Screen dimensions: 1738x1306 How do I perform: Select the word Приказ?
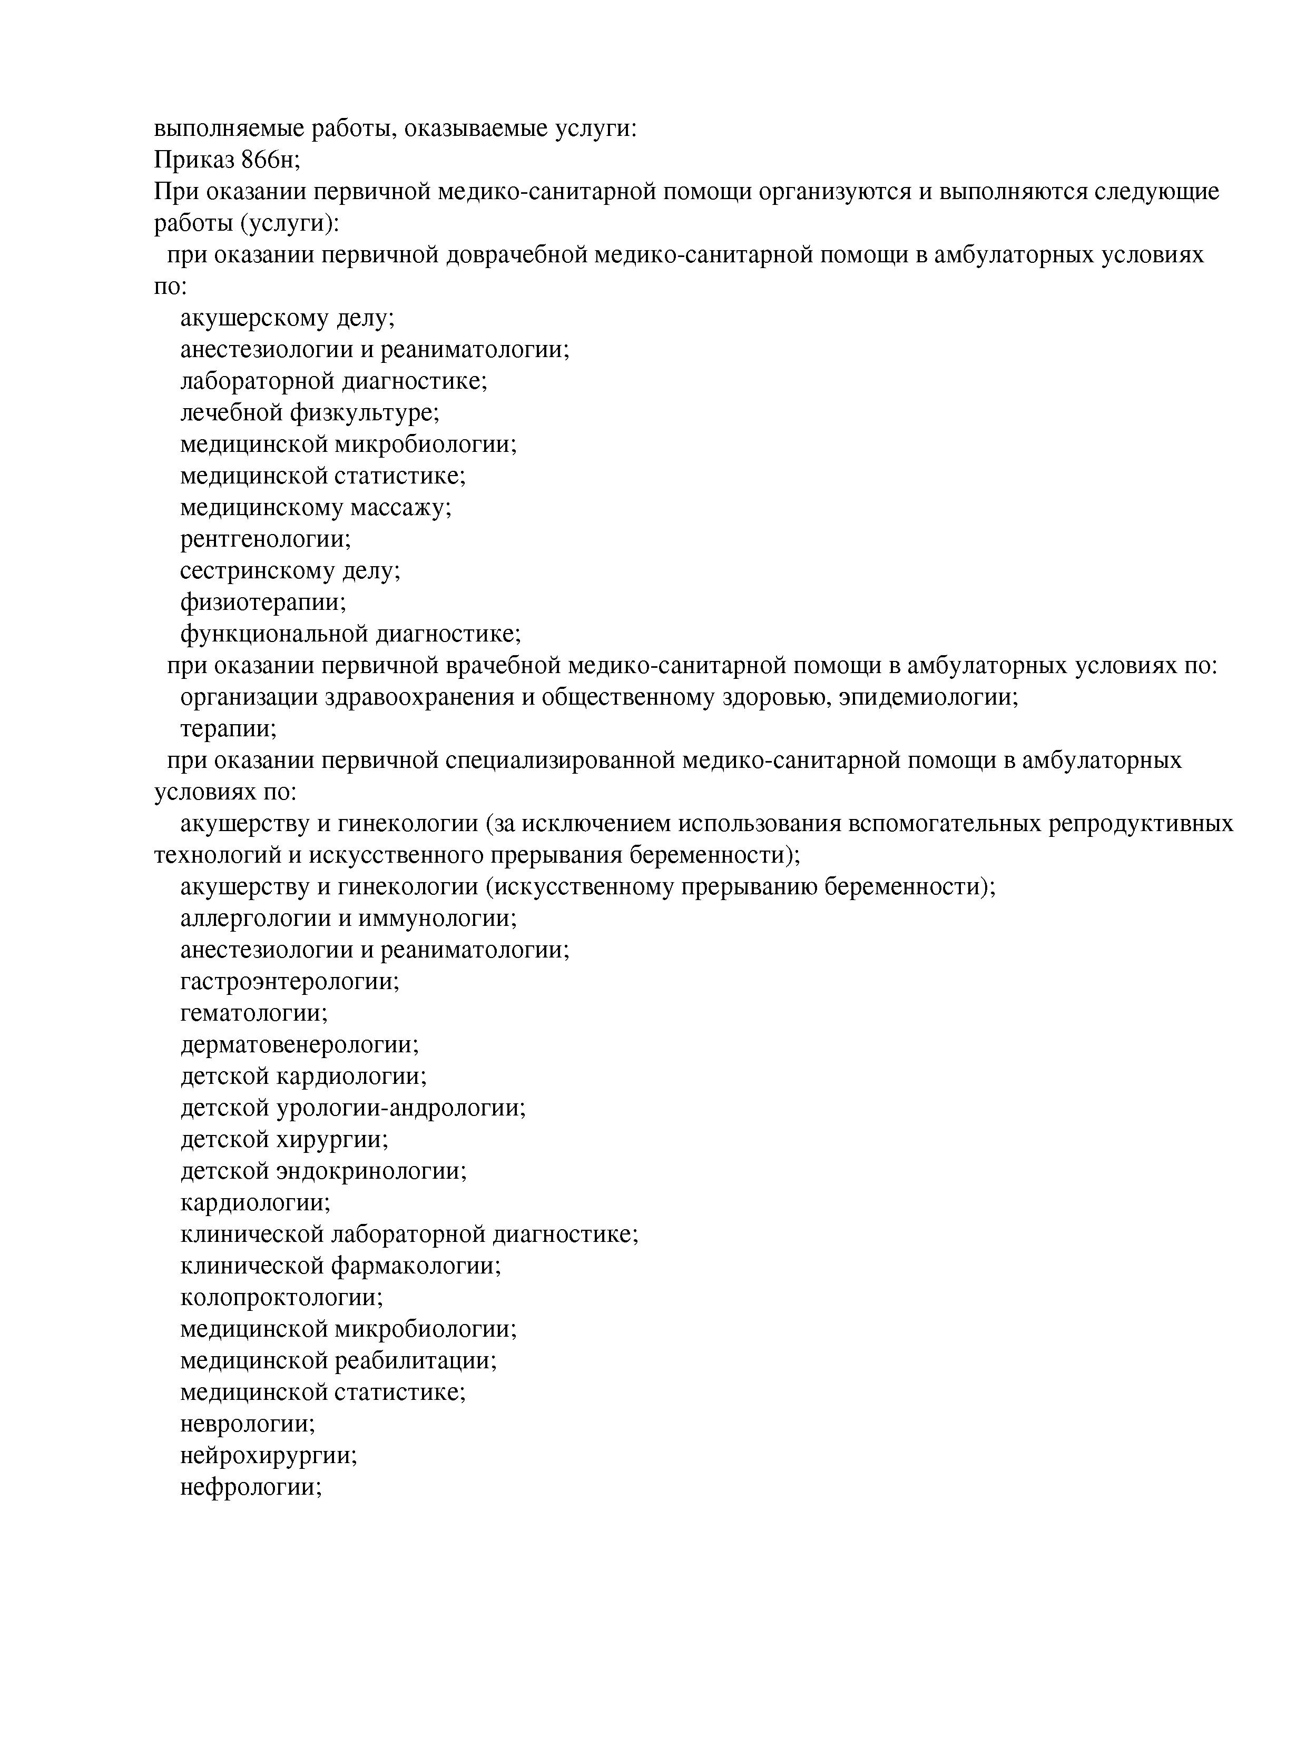click(194, 160)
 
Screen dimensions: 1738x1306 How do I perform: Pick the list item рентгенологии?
click(266, 539)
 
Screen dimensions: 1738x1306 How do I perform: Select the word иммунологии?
click(436, 917)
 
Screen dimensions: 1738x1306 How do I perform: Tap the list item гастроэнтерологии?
click(290, 981)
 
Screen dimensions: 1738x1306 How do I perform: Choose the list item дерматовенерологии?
click(299, 1044)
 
